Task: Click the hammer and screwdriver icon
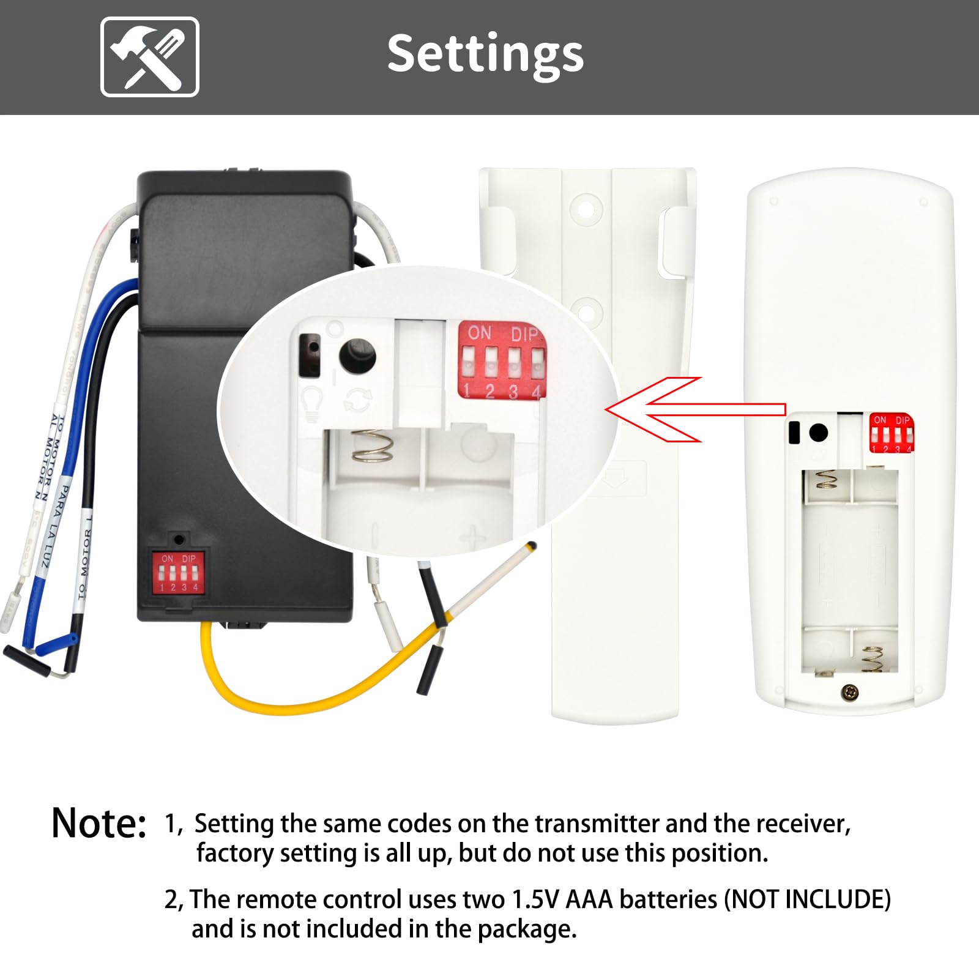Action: coord(150,57)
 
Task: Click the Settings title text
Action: coord(485,54)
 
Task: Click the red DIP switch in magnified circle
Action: coord(502,362)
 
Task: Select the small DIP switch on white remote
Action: coord(892,433)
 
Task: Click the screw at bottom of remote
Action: coord(850,692)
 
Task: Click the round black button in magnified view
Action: coord(357,356)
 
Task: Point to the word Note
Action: coord(99,824)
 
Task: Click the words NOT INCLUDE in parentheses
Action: coord(808,899)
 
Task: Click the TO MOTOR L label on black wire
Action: coord(85,557)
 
